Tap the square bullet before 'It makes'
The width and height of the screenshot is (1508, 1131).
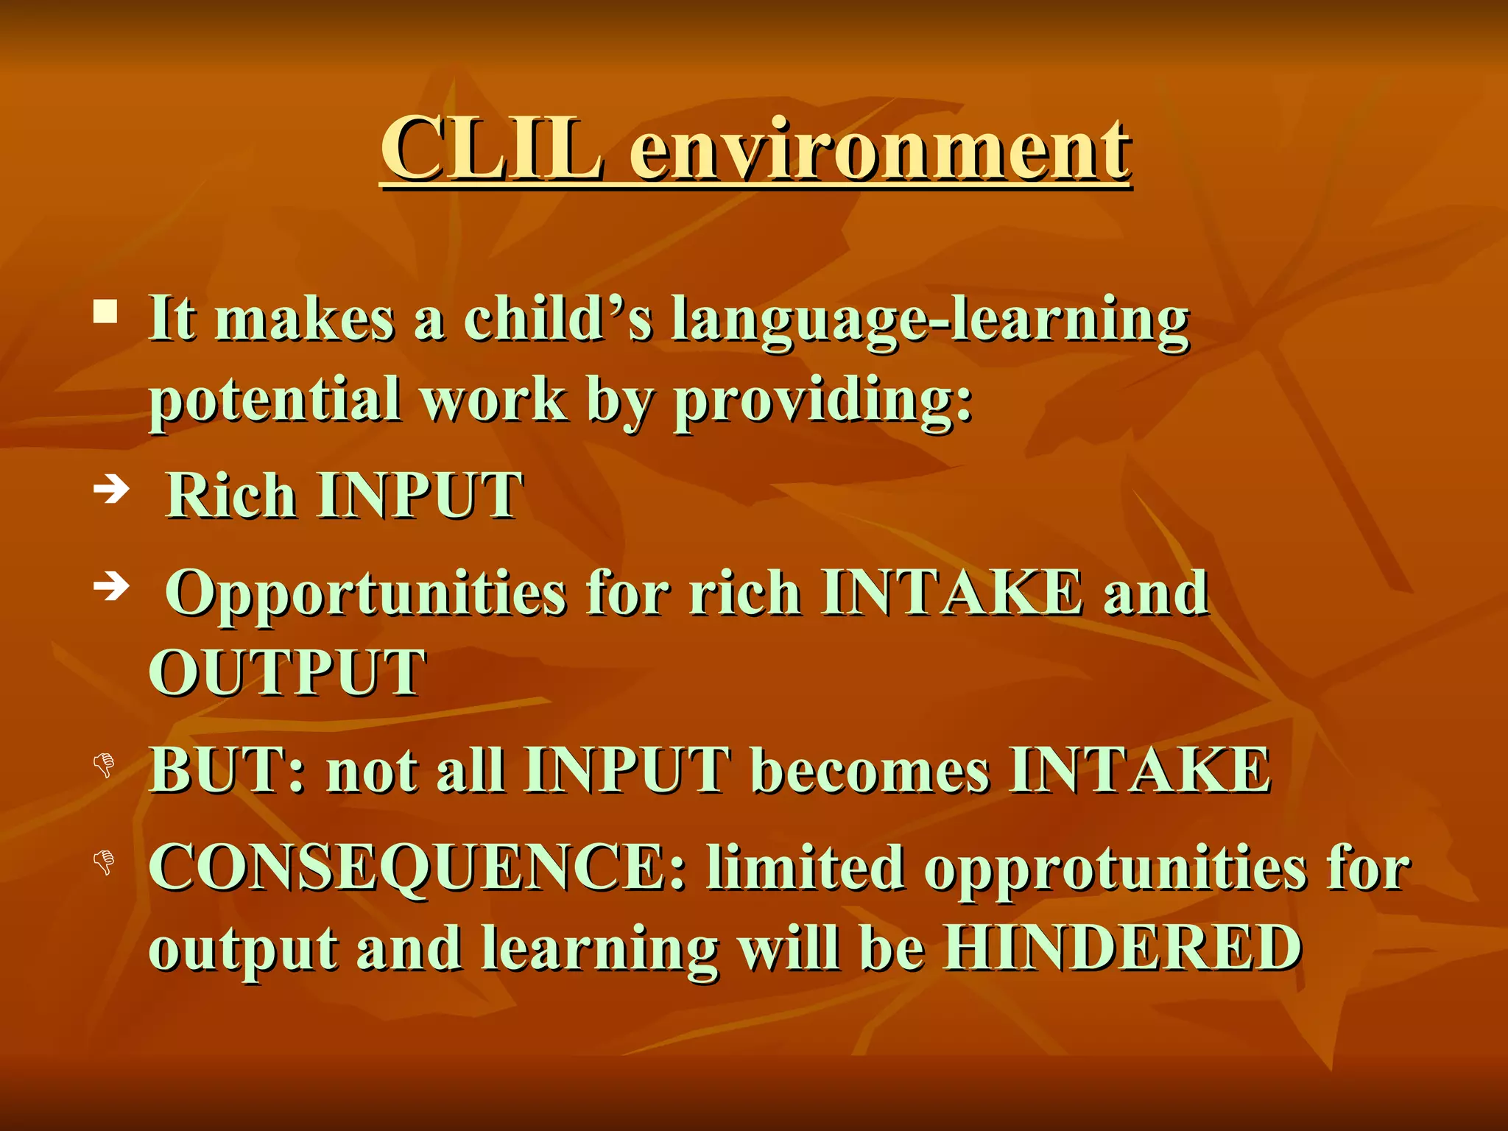[x=105, y=312]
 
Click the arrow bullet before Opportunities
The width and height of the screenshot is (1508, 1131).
[x=112, y=586]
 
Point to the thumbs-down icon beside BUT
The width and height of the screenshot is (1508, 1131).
[x=105, y=766]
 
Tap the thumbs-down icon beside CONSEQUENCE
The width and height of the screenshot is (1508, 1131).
[x=105, y=862]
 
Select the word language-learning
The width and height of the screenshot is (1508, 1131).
[x=930, y=323]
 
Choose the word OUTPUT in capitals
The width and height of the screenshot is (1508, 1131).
[x=287, y=672]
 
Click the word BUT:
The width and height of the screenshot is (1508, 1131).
[x=228, y=769]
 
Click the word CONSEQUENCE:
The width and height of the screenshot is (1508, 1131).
[x=417, y=867]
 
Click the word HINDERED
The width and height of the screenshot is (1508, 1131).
[x=1122, y=948]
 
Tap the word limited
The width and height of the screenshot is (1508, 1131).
[x=805, y=867]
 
